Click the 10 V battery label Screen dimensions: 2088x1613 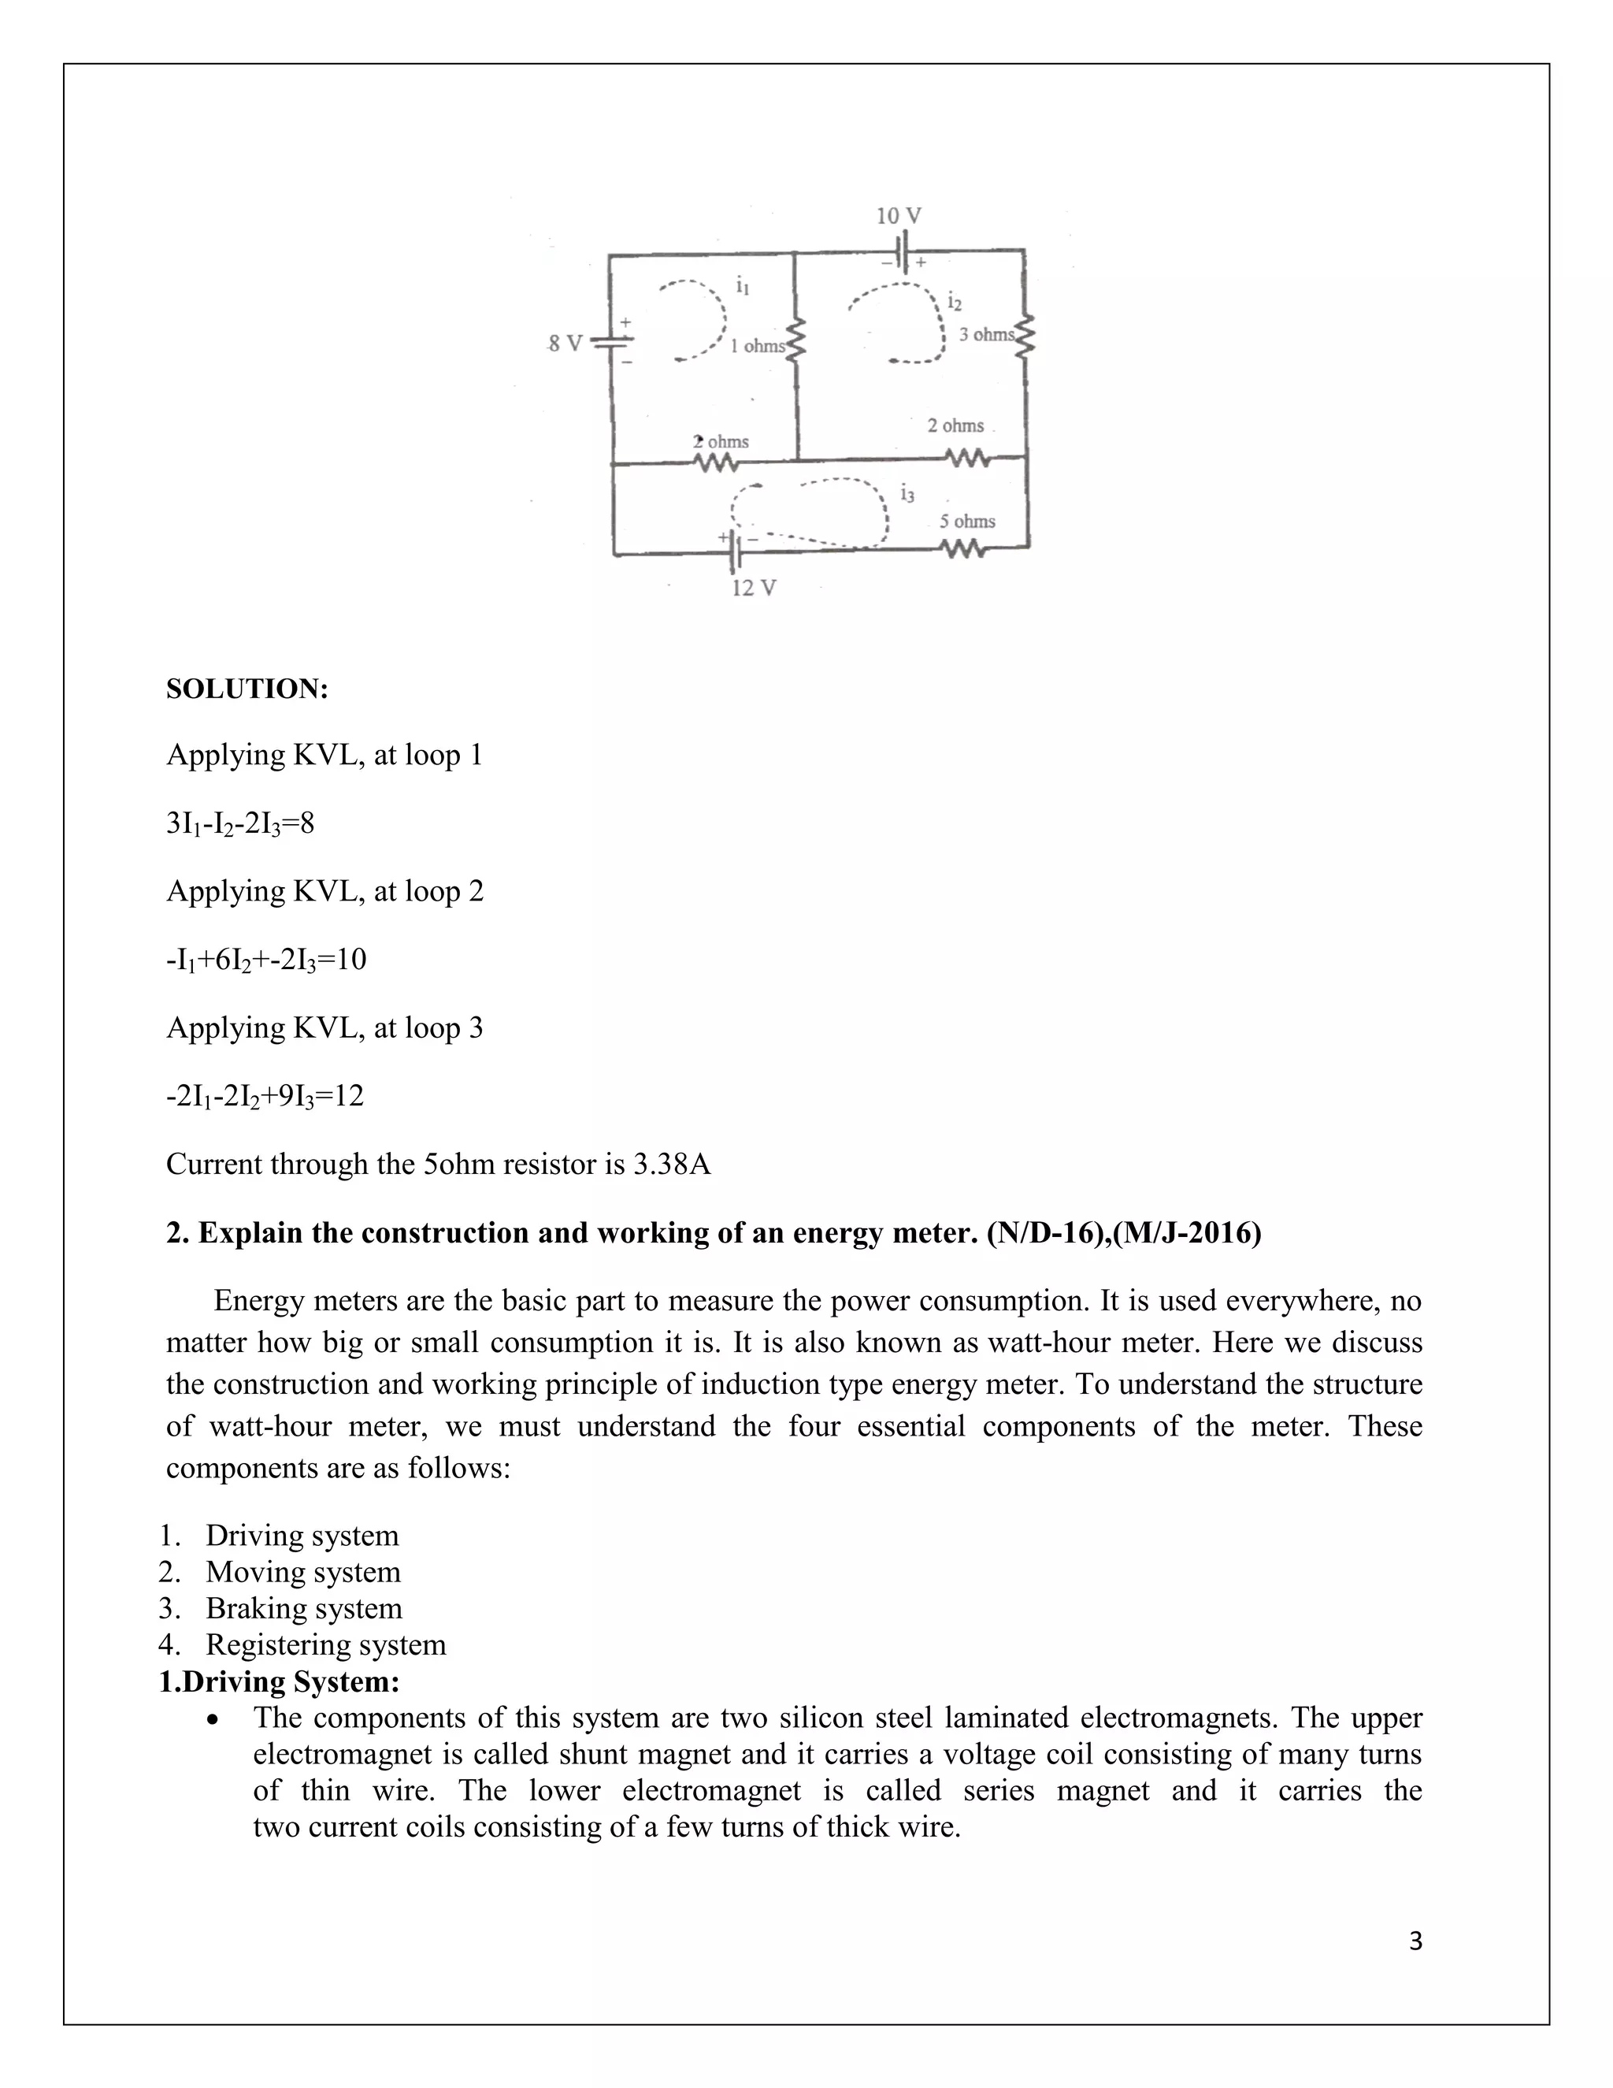pyautogui.click(x=898, y=215)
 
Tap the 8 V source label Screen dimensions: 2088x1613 pyautogui.click(x=564, y=344)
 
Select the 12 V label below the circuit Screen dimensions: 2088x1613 pyautogui.click(x=754, y=588)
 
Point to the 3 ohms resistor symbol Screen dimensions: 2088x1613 pyautogui.click(x=1025, y=335)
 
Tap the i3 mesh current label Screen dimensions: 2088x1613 pyautogui.click(x=907, y=493)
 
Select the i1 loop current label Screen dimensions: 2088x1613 pyautogui.click(x=743, y=285)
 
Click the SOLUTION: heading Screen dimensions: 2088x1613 pyautogui.click(x=247, y=689)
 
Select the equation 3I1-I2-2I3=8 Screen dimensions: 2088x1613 pyautogui.click(x=240, y=823)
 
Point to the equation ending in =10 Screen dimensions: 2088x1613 pyautogui.click(x=265, y=959)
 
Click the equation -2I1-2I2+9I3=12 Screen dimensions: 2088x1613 pyautogui.click(x=265, y=1096)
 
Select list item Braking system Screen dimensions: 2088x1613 pyautogui.click(x=303, y=1608)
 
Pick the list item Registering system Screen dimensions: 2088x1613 pyautogui.click(x=325, y=1644)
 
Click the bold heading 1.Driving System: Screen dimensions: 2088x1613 pyautogui.click(x=279, y=1681)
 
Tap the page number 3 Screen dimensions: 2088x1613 pyautogui.click(x=1415, y=1941)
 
